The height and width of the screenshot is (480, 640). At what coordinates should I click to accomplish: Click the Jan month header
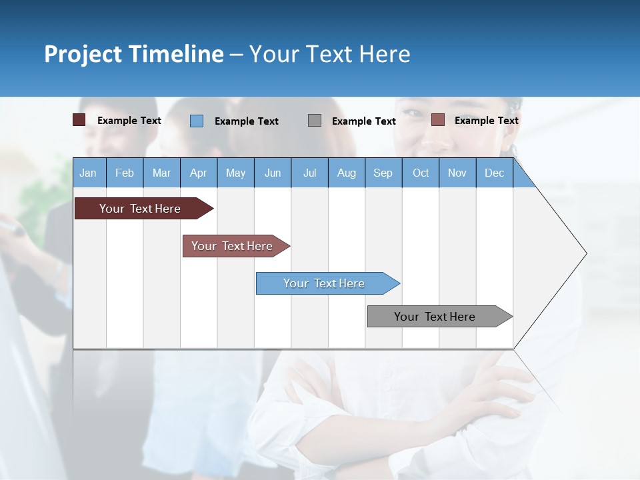[89, 173]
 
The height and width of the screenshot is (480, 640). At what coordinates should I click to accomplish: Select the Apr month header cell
[199, 173]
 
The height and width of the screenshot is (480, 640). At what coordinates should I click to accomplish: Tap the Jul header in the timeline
[309, 173]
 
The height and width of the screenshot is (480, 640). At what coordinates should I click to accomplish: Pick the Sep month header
[383, 173]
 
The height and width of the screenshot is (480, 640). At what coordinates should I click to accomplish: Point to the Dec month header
[494, 173]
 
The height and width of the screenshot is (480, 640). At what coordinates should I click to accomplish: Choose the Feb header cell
[125, 173]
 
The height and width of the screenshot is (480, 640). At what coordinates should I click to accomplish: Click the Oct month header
[421, 173]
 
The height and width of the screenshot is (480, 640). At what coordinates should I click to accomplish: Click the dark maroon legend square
[79, 120]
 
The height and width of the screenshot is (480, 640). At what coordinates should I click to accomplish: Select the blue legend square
[197, 121]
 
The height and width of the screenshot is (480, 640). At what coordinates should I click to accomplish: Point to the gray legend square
[315, 121]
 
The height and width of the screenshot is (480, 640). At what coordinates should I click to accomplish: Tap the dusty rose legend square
[437, 120]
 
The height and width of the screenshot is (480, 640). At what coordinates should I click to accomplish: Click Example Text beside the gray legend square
[363, 121]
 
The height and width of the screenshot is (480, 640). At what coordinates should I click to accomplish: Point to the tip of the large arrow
[585, 253]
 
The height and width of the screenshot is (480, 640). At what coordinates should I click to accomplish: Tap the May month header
[235, 173]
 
